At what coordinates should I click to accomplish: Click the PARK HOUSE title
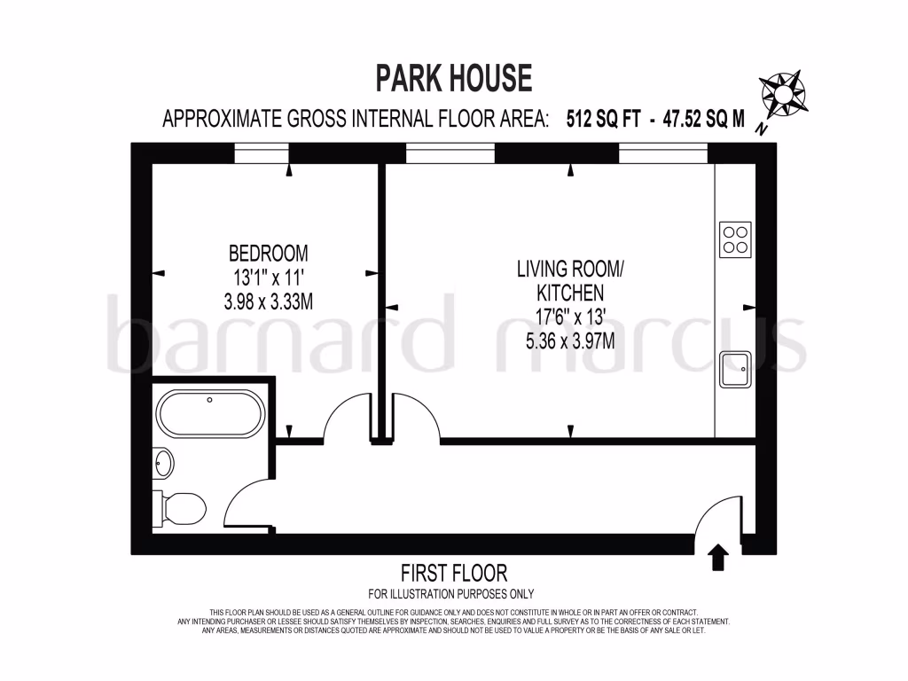(454, 78)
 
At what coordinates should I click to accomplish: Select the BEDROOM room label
(268, 252)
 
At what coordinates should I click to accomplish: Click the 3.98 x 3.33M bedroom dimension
(268, 301)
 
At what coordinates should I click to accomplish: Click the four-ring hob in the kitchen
(735, 239)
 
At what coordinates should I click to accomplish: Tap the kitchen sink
(735, 370)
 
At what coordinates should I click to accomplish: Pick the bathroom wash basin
(163, 462)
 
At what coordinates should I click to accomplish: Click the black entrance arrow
(718, 558)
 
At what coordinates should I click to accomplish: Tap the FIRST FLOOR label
(453, 573)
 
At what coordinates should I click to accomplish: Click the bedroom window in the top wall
(262, 153)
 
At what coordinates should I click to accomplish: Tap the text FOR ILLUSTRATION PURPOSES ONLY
(451, 594)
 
